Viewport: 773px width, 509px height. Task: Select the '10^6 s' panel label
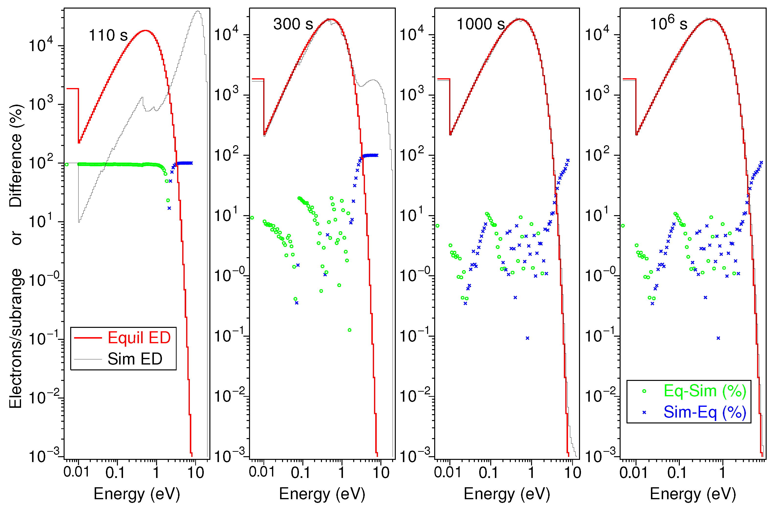668,24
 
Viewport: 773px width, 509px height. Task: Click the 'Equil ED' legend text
139,338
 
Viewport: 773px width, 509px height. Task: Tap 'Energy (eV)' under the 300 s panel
322,494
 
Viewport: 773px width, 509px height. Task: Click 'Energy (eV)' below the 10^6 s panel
693,494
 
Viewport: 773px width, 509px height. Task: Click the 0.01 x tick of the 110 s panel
76,472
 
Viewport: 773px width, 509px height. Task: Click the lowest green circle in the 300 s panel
350,330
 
